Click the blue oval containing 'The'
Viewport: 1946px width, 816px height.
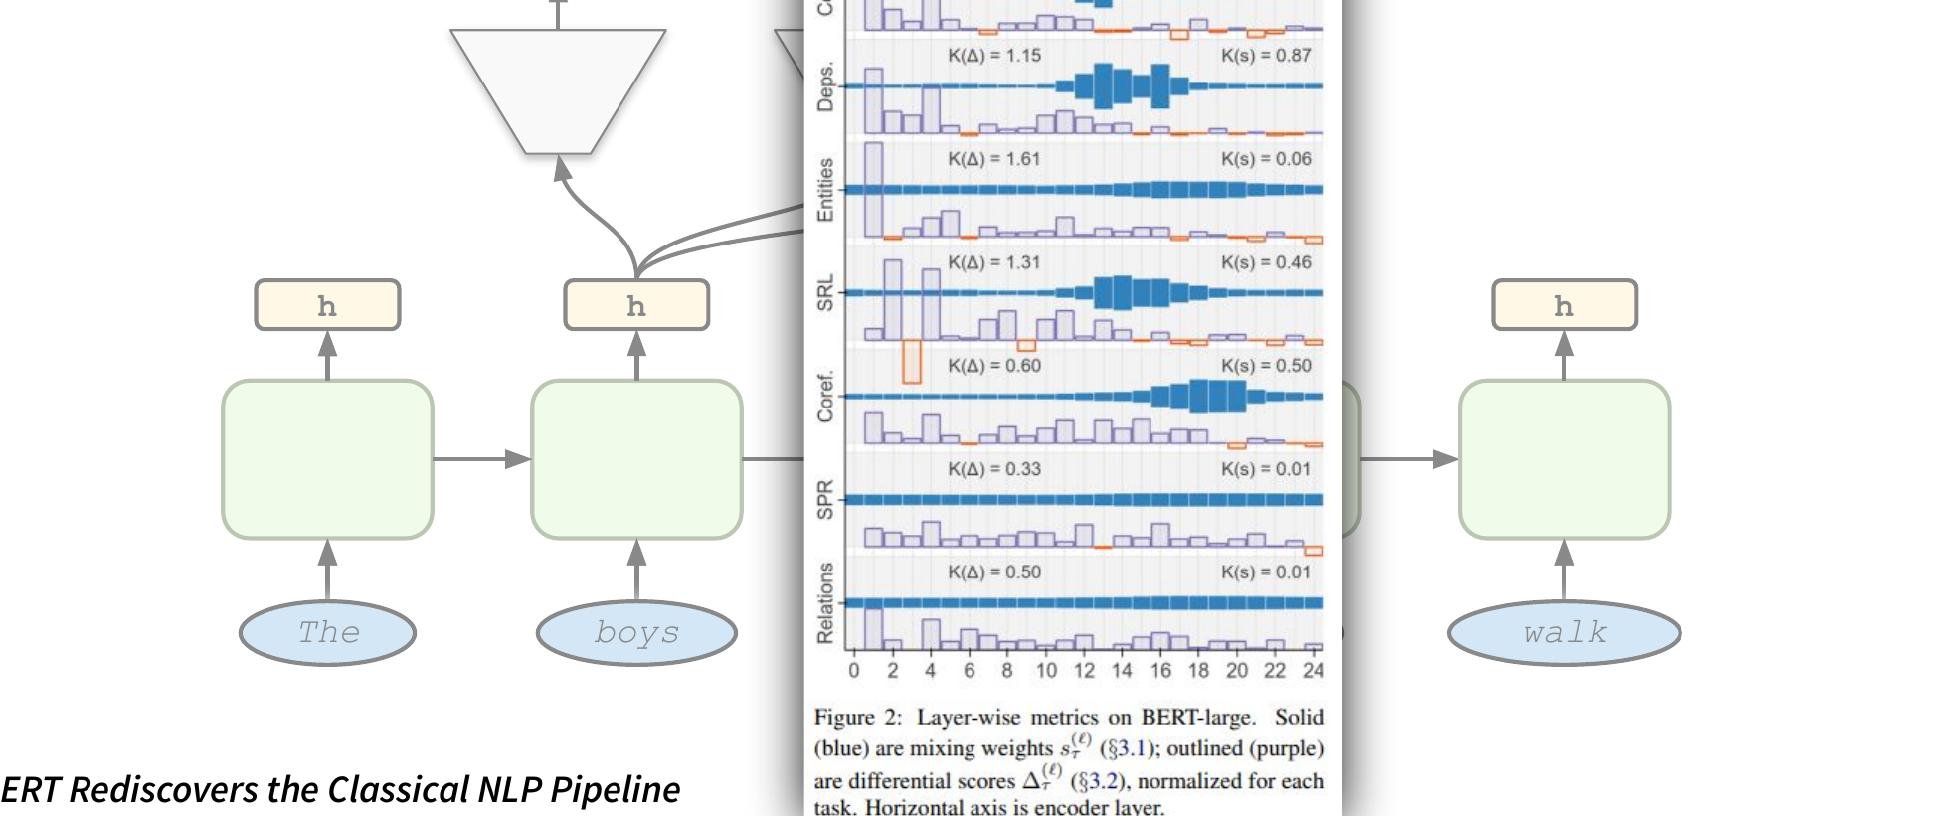327,632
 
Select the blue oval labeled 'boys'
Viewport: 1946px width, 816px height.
636,632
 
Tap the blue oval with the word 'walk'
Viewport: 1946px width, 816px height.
1564,632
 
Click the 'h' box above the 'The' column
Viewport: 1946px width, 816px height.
327,305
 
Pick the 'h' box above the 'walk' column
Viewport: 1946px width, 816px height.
1564,305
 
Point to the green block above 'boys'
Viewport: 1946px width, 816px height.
636,459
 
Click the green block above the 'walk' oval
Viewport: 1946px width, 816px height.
1564,459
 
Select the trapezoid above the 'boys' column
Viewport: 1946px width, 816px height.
558,89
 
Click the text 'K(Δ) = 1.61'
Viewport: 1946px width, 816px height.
993,159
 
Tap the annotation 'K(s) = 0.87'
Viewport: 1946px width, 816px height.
1266,56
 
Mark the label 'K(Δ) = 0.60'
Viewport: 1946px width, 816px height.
993,366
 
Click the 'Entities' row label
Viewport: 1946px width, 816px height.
825,189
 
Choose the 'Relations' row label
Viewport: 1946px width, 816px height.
825,603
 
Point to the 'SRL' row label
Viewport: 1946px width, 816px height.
825,293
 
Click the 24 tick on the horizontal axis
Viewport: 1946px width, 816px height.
1313,671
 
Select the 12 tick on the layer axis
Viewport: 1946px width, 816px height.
1084,671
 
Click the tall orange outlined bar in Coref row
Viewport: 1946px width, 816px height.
911,362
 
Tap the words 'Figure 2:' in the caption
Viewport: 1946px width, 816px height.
857,718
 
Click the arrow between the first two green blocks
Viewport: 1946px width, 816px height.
482,459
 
